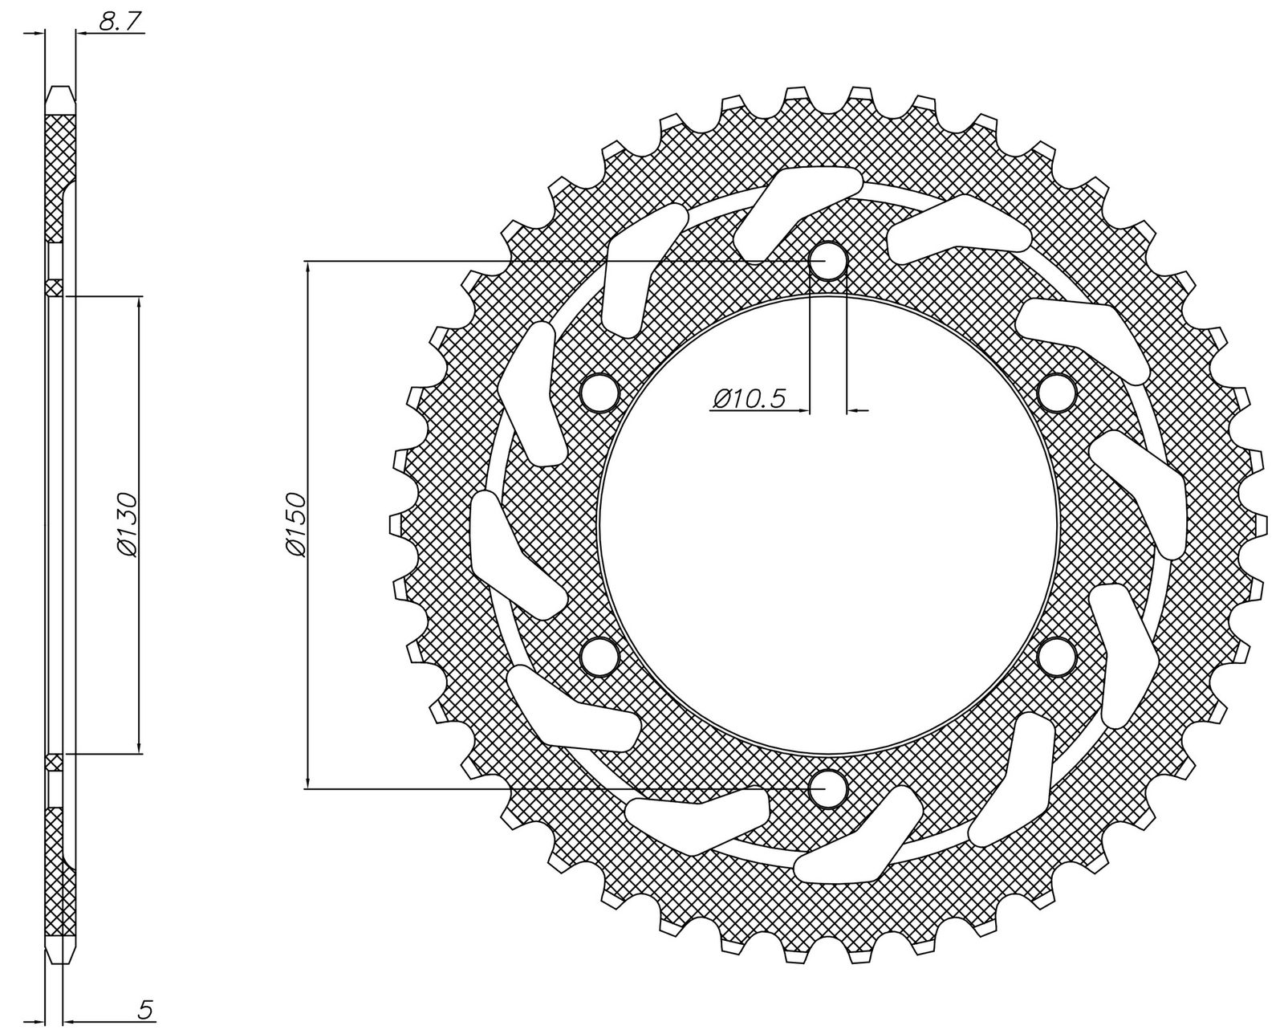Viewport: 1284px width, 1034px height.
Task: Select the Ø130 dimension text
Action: (x=127, y=524)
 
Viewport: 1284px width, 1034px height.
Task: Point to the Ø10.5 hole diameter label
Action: (x=749, y=397)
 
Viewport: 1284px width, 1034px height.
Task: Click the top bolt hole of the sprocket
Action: (x=827, y=261)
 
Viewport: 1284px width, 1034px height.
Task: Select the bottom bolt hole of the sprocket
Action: (x=827, y=788)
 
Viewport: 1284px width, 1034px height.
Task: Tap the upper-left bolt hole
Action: (x=599, y=393)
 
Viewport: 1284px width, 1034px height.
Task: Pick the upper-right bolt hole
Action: (x=1056, y=393)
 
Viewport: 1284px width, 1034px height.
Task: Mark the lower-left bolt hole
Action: (x=599, y=657)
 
